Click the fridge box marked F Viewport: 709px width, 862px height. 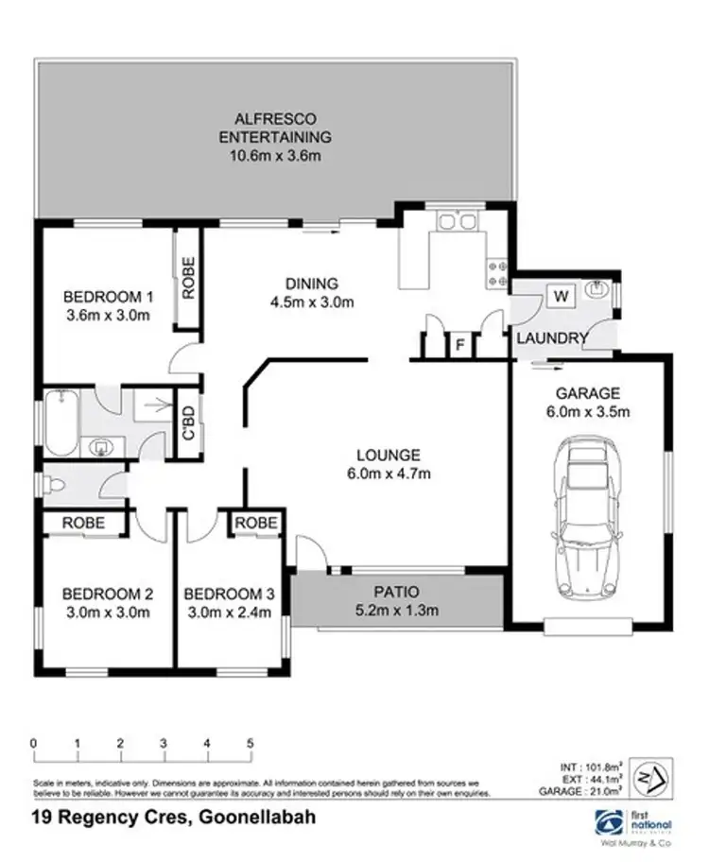click(x=459, y=345)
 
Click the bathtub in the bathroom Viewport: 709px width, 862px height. click(x=61, y=421)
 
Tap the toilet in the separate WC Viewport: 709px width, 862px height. click(x=57, y=486)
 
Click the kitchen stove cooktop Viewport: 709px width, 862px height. click(x=496, y=272)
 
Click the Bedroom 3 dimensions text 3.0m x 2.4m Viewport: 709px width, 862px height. click(x=229, y=612)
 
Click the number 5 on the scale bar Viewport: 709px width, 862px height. click(x=251, y=744)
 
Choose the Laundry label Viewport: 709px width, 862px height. click(x=552, y=337)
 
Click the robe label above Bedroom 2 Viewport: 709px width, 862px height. click(x=83, y=522)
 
